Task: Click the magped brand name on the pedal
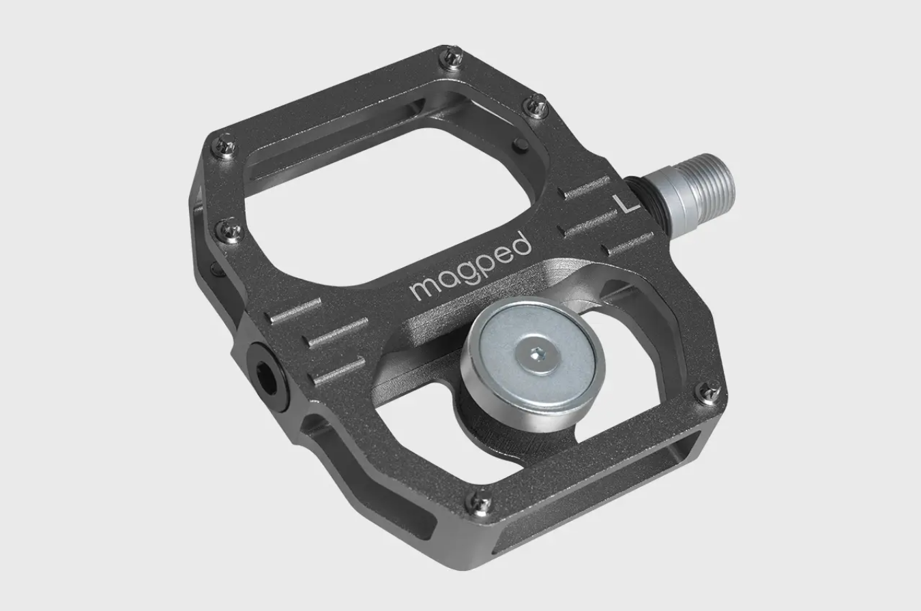pos(471,267)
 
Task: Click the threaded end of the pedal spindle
pos(710,186)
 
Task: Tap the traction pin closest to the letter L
pos(536,106)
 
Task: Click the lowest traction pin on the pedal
pos(480,503)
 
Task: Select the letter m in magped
pos(424,287)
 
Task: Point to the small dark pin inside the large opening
pos(520,144)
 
